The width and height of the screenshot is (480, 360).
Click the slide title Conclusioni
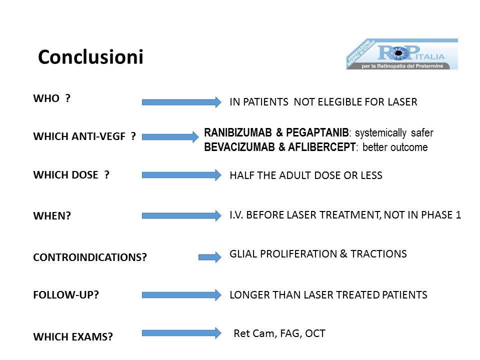[90, 57]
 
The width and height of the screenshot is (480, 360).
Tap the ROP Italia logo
[402, 54]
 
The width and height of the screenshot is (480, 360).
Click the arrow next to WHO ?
[181, 102]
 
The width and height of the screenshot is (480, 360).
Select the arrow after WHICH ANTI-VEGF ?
[170, 136]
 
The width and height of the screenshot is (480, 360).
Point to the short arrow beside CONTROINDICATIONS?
[210, 257]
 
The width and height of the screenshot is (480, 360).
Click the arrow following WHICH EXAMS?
[181, 333]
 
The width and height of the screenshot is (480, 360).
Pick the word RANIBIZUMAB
[238, 132]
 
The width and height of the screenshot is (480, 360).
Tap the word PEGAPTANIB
[317, 132]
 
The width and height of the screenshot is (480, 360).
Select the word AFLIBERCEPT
[321, 147]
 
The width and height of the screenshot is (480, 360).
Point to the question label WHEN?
[52, 216]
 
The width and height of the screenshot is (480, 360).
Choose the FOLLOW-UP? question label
[66, 295]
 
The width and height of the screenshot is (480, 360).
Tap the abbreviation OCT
[315, 333]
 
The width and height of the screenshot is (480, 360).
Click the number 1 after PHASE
[458, 215]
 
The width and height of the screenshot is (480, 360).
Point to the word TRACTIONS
[378, 254]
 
